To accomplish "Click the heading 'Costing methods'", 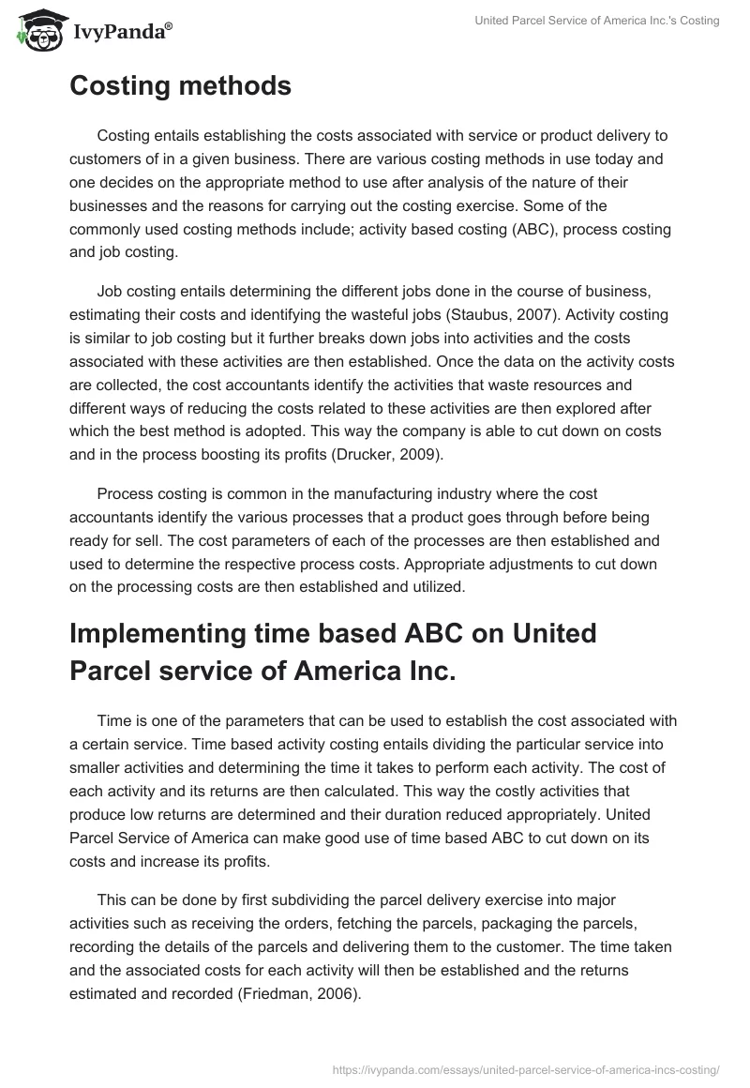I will [180, 86].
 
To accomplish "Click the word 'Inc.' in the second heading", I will [422, 672].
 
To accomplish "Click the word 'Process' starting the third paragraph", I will [127, 493].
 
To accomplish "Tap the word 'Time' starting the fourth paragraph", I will [115, 720].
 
